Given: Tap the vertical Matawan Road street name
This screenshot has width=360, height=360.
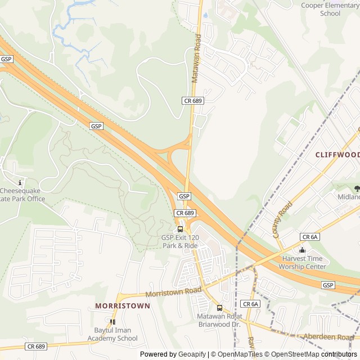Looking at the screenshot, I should [x=196, y=58].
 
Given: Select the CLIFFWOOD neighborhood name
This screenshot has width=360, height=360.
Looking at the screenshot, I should [x=337, y=155].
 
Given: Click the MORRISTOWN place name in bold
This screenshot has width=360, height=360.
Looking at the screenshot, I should [x=123, y=306].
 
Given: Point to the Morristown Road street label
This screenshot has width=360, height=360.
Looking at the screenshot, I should [x=173, y=292].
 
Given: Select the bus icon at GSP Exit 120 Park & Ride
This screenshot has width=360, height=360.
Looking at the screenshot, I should [x=180, y=229].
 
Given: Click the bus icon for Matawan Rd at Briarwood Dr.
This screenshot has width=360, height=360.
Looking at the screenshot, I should [x=219, y=308].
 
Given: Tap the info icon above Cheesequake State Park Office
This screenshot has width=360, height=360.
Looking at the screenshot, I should [x=20, y=182].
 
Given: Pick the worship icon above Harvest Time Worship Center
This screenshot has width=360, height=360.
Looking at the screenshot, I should [x=302, y=250].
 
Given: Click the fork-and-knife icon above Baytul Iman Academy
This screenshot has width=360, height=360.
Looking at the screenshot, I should [x=112, y=322].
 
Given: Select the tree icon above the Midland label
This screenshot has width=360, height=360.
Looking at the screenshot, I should [x=357, y=188].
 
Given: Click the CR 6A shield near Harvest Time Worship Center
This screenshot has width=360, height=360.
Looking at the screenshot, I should [x=310, y=237].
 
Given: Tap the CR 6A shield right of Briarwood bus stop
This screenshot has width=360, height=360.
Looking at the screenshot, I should [x=250, y=304].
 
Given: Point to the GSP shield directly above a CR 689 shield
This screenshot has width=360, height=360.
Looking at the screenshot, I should [x=184, y=196].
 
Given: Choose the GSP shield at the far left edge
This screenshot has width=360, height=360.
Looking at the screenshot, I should [x=6, y=59].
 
